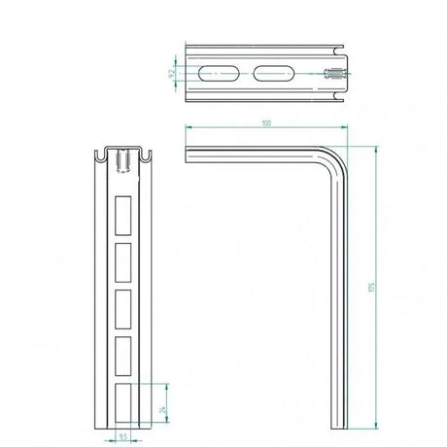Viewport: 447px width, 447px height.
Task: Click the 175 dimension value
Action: (x=370, y=289)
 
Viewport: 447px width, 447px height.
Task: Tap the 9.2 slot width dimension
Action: (x=172, y=73)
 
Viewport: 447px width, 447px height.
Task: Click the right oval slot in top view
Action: (x=273, y=73)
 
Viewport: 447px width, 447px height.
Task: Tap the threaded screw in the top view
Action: (x=331, y=74)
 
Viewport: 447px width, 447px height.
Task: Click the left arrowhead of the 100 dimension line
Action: (x=188, y=128)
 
